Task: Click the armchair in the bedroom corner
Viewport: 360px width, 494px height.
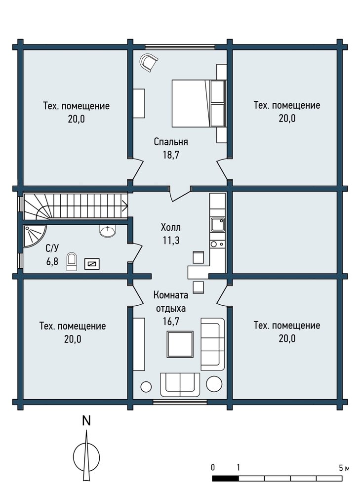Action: point(149,62)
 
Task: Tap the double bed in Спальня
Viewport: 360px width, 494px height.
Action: point(199,103)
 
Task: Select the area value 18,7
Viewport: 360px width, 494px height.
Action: point(171,155)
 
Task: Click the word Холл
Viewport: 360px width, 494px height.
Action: point(171,227)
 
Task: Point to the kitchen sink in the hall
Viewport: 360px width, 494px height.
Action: point(218,225)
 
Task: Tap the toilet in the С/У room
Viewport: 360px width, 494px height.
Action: point(72,261)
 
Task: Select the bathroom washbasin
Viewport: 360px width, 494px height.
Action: point(108,231)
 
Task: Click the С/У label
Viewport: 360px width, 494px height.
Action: point(52,248)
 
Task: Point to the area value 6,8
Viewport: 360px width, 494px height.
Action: point(52,261)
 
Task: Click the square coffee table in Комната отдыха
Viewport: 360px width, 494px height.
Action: point(180,344)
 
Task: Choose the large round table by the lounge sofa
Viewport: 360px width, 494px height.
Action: point(214,384)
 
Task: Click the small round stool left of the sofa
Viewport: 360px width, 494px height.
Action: point(146,387)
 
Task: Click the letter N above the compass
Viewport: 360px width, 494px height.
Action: point(86,421)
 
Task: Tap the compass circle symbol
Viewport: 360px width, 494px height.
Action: point(86,456)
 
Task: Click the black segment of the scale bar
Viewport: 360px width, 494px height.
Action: point(225,478)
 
